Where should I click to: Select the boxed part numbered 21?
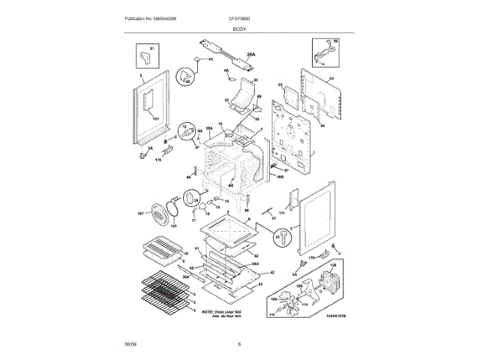click(147, 55)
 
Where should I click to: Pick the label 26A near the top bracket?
click(251, 55)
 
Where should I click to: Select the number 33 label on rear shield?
click(330, 78)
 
